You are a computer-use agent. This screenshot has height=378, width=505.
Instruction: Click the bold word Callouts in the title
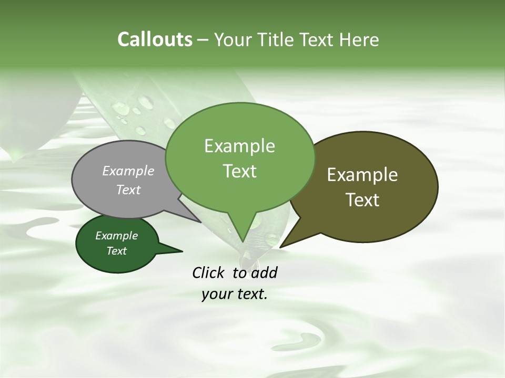pyautogui.click(x=155, y=39)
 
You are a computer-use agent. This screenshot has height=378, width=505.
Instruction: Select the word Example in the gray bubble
pyautogui.click(x=128, y=171)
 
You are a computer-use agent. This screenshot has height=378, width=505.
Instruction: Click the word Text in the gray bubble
pyautogui.click(x=128, y=190)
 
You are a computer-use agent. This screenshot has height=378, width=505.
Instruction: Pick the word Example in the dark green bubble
pyautogui.click(x=117, y=236)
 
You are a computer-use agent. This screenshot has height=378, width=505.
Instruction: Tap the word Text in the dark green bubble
pyautogui.click(x=117, y=251)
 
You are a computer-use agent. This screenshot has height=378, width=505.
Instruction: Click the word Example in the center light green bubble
pyautogui.click(x=239, y=146)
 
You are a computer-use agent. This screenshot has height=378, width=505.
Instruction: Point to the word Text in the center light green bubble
pyautogui.click(x=239, y=171)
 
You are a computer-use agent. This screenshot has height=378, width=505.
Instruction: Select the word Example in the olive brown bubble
pyautogui.click(x=362, y=175)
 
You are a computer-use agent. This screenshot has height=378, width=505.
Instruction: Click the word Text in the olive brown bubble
pyautogui.click(x=362, y=200)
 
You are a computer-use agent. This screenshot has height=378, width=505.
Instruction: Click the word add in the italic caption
pyautogui.click(x=265, y=272)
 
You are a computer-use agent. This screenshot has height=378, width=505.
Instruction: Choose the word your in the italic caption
pyautogui.click(x=216, y=295)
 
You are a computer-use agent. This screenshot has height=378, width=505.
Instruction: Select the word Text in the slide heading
pyautogui.click(x=319, y=40)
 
